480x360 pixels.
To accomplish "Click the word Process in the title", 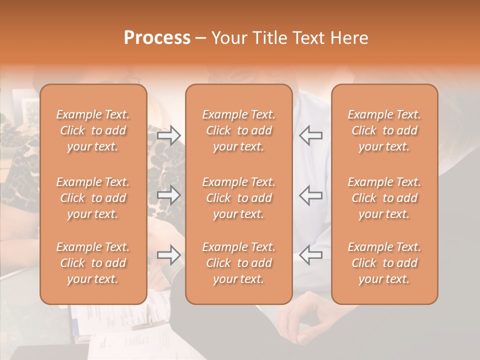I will click(x=157, y=38).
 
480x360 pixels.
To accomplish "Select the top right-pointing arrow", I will click(x=168, y=135).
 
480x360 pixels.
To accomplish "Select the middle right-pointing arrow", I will click(x=168, y=195).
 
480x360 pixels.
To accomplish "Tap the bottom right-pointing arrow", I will click(x=168, y=255).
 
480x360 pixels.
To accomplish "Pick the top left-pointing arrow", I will click(x=310, y=135).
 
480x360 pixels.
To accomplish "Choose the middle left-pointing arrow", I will click(x=310, y=195).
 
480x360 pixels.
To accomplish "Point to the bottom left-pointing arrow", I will click(x=310, y=255).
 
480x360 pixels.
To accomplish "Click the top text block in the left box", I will click(x=93, y=130).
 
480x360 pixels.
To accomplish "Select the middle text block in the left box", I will click(x=93, y=198).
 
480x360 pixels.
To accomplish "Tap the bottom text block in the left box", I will click(x=93, y=263).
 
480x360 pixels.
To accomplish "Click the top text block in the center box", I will click(x=238, y=130).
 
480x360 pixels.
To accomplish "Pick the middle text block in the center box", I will click(x=238, y=198).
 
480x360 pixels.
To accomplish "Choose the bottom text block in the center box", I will click(x=238, y=263).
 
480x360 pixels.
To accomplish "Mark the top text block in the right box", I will click(x=384, y=130).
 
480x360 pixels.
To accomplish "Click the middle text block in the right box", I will click(x=384, y=198).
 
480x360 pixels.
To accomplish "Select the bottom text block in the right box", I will click(x=384, y=263).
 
